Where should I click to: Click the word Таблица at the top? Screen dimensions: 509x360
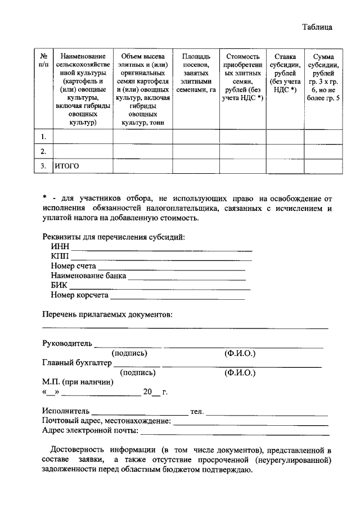pyautogui.click(x=317, y=27)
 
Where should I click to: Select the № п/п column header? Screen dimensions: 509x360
pyautogui.click(x=43, y=61)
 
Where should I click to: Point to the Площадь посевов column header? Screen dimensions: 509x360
pyautogui.click(x=196, y=73)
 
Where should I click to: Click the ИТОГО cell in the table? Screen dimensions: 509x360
pyautogui.click(x=67, y=166)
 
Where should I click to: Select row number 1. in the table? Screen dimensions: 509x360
pyautogui.click(x=43, y=137)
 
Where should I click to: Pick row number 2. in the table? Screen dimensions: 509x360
pyautogui.click(x=43, y=151)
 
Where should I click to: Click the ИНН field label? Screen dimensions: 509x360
pyautogui.click(x=59, y=246)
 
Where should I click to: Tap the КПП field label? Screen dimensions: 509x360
pyautogui.click(x=60, y=256)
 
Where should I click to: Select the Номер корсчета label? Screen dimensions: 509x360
pyautogui.click(x=79, y=295)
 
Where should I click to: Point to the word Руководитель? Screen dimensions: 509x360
pyautogui.click(x=66, y=344)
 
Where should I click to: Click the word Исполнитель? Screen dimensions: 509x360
pyautogui.click(x=66, y=412)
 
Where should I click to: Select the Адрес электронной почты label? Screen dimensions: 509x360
pyautogui.click(x=90, y=431)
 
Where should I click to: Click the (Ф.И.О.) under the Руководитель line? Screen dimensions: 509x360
pyautogui.click(x=240, y=353)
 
